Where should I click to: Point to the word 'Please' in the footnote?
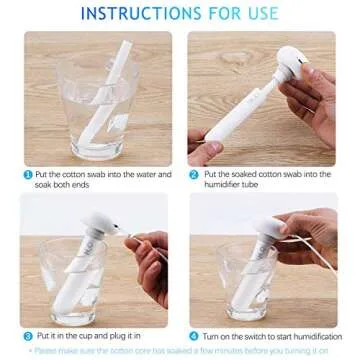49,352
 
